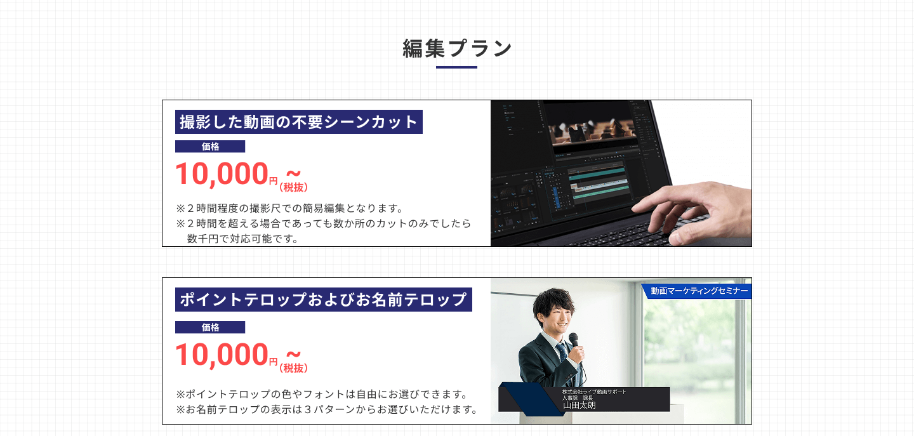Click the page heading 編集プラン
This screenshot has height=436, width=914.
pyautogui.click(x=456, y=48)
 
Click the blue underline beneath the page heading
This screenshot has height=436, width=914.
pyautogui.click(x=456, y=67)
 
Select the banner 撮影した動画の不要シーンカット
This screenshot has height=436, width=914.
pyautogui.click(x=299, y=122)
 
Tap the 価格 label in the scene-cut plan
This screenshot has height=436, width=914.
pyautogui.click(x=210, y=147)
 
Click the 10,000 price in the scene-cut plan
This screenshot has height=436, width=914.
pyautogui.click(x=222, y=174)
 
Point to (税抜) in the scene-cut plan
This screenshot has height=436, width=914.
pyautogui.click(x=293, y=187)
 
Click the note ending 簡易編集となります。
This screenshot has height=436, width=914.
pyautogui.click(x=289, y=208)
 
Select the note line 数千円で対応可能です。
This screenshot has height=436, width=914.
pyautogui.click(x=242, y=239)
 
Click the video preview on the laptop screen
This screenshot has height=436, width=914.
pyautogui.click(x=593, y=131)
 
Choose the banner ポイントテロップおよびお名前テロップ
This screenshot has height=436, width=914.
pyautogui.click(x=324, y=300)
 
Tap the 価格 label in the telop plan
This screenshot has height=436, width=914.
pyautogui.click(x=210, y=327)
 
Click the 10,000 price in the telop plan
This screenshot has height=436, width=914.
pyautogui.click(x=222, y=354)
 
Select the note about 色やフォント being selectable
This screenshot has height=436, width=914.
pyautogui.click(x=322, y=394)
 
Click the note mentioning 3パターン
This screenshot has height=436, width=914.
pyautogui.click(x=328, y=409)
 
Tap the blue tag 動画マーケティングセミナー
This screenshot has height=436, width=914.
pyautogui.click(x=697, y=291)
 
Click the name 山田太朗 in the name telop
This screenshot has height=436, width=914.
pyautogui.click(x=580, y=405)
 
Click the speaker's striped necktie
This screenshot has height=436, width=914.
pyautogui.click(x=562, y=354)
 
